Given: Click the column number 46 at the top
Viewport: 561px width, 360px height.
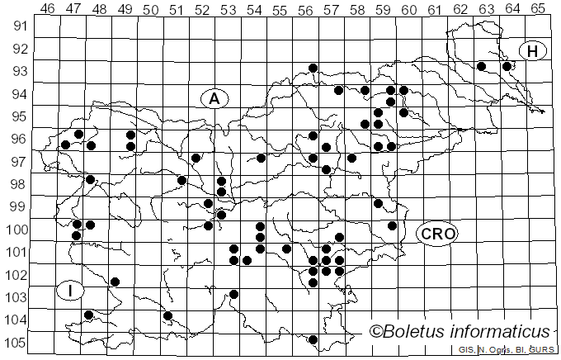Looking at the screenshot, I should coord(47,8).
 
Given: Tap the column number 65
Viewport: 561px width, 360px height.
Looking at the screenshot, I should coord(537,8).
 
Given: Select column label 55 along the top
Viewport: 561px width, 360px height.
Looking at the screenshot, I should coord(279,8).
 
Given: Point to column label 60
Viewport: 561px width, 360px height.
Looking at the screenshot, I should coord(408,8).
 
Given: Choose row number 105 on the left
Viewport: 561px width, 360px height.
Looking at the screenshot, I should coord(16,343).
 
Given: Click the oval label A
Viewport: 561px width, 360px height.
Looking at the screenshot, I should coord(214,98).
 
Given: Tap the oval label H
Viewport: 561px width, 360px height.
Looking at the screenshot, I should coord(533,51).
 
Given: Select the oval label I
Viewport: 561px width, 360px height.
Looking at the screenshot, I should coord(71,290).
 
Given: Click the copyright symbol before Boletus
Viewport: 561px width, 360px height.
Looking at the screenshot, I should coord(375,332).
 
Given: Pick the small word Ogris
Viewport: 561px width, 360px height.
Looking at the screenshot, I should coord(498,350).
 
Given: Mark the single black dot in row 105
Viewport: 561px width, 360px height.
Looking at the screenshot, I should coord(313,339).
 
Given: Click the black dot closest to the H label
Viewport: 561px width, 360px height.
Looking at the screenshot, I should coord(507,66).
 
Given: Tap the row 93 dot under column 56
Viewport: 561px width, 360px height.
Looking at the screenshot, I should coord(313,68).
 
